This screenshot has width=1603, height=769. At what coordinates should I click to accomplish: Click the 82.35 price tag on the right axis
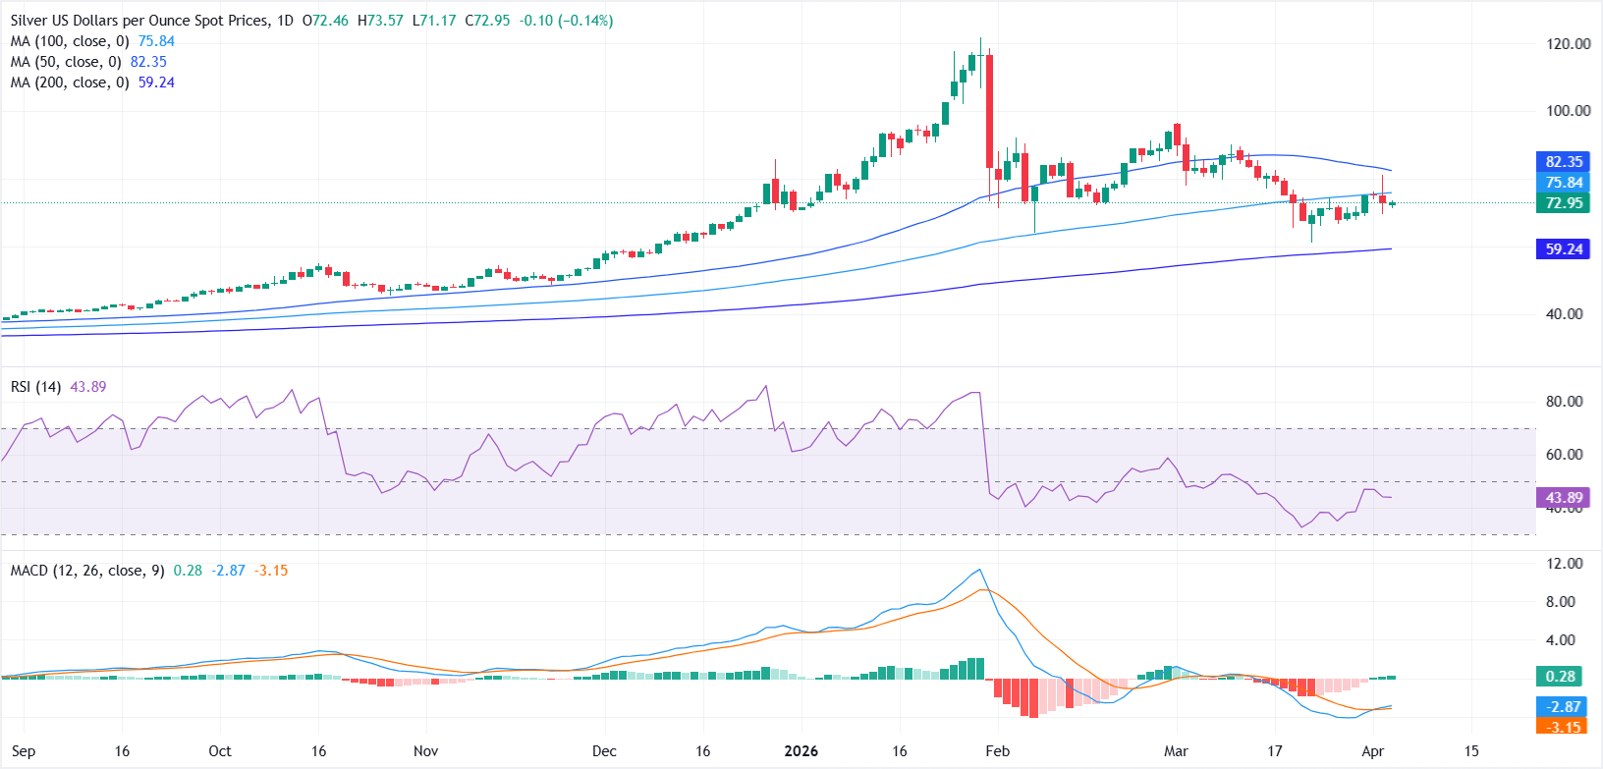click(1564, 162)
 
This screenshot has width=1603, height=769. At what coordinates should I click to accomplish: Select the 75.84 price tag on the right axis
click(1564, 183)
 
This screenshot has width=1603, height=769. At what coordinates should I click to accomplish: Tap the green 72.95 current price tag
click(1564, 203)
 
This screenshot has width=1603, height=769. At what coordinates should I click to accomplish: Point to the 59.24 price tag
click(1564, 249)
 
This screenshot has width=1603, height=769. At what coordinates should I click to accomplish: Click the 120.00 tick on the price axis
click(1568, 44)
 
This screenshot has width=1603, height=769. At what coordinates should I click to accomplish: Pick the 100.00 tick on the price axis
click(1568, 111)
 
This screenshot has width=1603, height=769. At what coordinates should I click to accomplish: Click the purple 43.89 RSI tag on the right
click(1564, 498)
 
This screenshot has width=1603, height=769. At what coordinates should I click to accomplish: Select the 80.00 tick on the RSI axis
click(1564, 402)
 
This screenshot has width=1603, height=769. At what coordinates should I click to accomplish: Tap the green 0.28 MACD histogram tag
click(1561, 677)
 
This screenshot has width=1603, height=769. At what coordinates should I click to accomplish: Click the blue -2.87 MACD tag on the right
click(1564, 707)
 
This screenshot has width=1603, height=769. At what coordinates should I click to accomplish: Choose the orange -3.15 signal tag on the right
click(1564, 728)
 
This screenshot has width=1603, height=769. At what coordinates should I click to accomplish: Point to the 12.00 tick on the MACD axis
click(1564, 564)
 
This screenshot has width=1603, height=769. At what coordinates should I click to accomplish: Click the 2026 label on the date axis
click(801, 751)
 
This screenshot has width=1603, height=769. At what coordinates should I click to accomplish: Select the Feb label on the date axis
click(997, 751)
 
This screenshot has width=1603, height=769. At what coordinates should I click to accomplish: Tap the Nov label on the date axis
click(425, 751)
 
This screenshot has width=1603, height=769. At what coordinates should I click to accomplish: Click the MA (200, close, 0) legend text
click(69, 82)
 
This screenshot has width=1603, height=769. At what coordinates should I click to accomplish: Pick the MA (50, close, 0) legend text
click(65, 62)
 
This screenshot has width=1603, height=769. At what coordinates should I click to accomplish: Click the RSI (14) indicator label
click(35, 387)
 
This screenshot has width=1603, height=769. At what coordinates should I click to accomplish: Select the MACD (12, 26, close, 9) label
click(87, 571)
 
